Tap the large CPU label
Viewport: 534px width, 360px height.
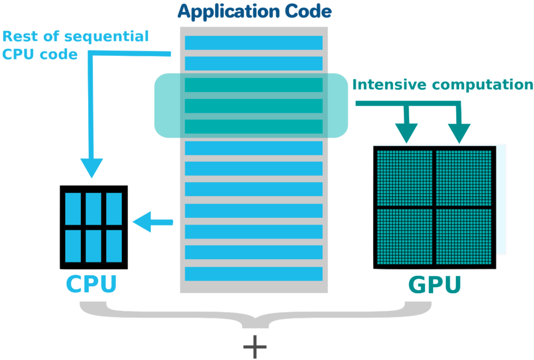(x=91, y=284)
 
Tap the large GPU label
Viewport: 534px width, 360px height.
(x=434, y=285)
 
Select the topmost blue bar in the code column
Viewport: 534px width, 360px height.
(x=253, y=43)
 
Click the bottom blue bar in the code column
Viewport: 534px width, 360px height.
(x=253, y=274)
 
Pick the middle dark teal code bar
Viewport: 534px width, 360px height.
(x=253, y=106)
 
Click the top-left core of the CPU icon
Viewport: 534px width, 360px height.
(x=72, y=207)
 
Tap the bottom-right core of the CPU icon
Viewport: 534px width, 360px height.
(x=114, y=245)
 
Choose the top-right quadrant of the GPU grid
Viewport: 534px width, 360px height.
(x=464, y=178)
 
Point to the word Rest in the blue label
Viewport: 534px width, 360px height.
(x=20, y=37)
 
